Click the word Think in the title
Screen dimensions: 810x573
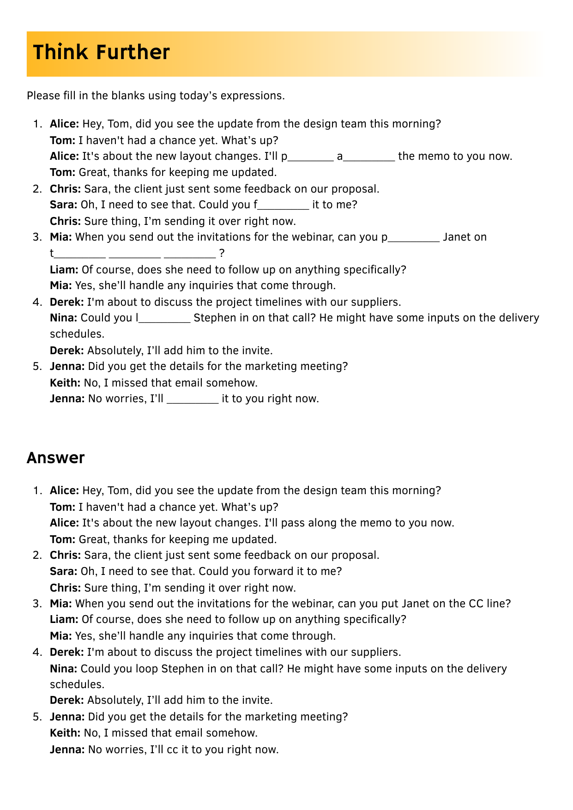coord(60,52)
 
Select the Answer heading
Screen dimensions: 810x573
coord(55,458)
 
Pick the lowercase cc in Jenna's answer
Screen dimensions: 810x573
coord(172,750)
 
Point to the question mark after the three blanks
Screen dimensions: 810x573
coord(222,253)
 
